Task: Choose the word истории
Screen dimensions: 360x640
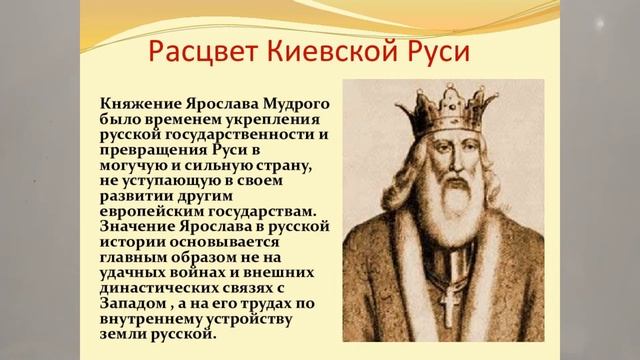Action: pyautogui.click(x=135, y=246)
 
